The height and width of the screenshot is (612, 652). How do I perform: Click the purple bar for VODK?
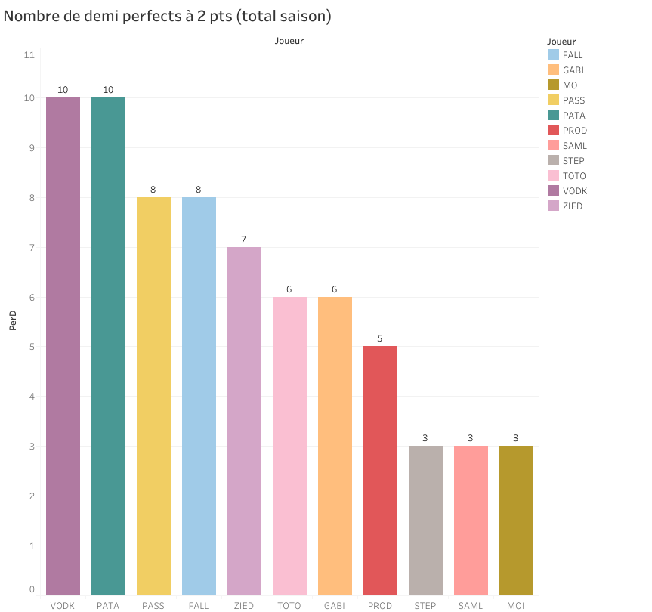tap(63, 346)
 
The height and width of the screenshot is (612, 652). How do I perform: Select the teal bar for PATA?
tap(108, 346)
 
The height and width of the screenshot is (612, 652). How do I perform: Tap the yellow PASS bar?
tap(153, 396)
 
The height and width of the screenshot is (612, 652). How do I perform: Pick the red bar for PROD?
tap(380, 471)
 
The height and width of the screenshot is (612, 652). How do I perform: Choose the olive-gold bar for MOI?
tap(516, 521)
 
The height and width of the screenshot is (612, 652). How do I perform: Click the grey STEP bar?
tap(425, 521)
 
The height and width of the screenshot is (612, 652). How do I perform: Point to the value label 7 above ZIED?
tap(244, 240)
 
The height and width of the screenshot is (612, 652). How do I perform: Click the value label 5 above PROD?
tap(380, 338)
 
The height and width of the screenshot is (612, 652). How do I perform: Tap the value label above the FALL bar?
tap(199, 190)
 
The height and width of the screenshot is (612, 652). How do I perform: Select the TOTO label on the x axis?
tap(289, 606)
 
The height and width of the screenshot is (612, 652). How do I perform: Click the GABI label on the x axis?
tap(335, 606)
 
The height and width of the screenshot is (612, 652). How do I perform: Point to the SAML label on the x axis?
tap(471, 606)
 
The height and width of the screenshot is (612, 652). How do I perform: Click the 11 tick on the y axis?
tap(29, 55)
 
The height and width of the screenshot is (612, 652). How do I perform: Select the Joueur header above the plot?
tap(289, 41)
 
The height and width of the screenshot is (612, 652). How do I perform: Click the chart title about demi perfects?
tap(168, 16)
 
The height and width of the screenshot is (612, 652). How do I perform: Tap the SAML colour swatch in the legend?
tap(553, 146)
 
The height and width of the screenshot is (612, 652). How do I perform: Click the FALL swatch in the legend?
tap(553, 55)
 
